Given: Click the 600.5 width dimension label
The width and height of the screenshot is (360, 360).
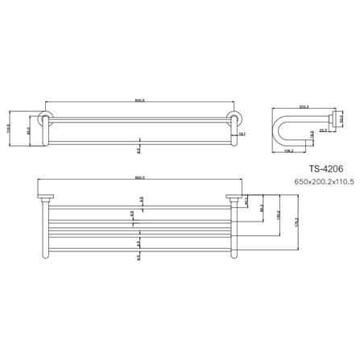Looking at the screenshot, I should pos(139,101).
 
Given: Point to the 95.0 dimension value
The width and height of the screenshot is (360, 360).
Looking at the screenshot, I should pos(30,130).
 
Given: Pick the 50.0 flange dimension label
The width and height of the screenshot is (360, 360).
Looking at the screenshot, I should pos(341,119).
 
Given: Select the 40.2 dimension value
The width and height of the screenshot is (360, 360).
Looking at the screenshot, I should pos(246,200).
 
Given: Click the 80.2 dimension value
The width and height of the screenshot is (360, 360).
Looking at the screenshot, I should pos(262,208).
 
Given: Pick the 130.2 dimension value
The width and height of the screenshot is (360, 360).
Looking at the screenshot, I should pos(279,217).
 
